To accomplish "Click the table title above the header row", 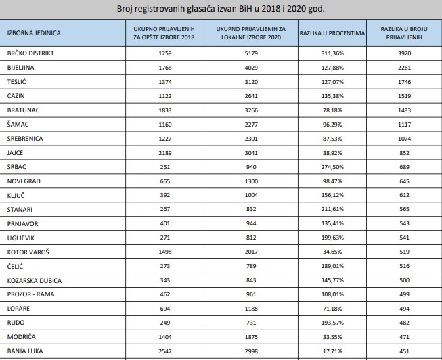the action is [x=221, y=9].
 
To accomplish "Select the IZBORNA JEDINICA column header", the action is [x=34, y=33].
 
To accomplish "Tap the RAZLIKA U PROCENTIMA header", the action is [x=332, y=33].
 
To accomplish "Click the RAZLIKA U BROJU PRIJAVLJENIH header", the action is [x=404, y=33].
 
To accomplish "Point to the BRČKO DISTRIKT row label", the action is [x=30, y=53].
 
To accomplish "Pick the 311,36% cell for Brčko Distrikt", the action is [x=332, y=53].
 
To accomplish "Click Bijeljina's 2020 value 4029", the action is [x=251, y=68].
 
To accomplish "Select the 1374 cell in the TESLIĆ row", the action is [x=165, y=82].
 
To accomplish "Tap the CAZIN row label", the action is [x=16, y=96].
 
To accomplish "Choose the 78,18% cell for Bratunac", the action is [x=332, y=110].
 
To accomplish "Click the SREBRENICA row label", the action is [x=25, y=139].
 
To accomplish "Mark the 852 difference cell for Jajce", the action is [x=404, y=153].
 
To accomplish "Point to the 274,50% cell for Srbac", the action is [x=332, y=167].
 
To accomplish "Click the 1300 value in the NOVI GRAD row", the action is [x=251, y=181].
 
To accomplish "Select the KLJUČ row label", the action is [x=16, y=195].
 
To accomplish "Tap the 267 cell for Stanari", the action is [x=165, y=209].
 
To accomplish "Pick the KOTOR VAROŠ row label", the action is [x=28, y=252].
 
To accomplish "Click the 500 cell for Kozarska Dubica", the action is [x=404, y=280].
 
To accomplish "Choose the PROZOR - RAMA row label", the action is [x=30, y=294].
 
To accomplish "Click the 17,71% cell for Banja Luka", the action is [x=332, y=351].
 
